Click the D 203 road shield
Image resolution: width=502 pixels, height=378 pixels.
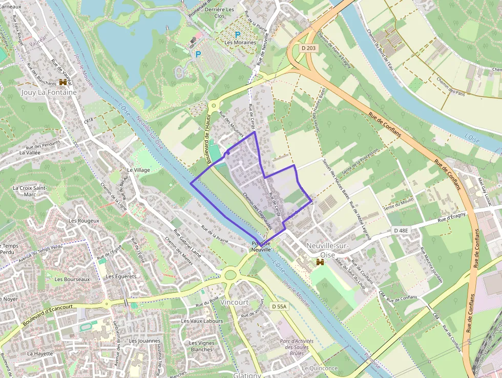click(309, 48)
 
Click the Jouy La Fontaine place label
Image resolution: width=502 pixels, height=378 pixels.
click(49, 93)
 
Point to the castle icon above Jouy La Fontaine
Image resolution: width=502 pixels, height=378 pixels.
click(64, 82)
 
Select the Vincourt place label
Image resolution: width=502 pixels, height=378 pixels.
click(234, 303)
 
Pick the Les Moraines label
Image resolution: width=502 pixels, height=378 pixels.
click(240, 43)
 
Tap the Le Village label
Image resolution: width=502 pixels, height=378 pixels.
click(138, 170)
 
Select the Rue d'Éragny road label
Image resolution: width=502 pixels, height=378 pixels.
click(452, 220)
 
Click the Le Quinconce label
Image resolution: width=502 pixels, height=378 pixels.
click(320, 368)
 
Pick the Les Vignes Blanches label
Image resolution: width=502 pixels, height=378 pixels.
click(201, 346)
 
